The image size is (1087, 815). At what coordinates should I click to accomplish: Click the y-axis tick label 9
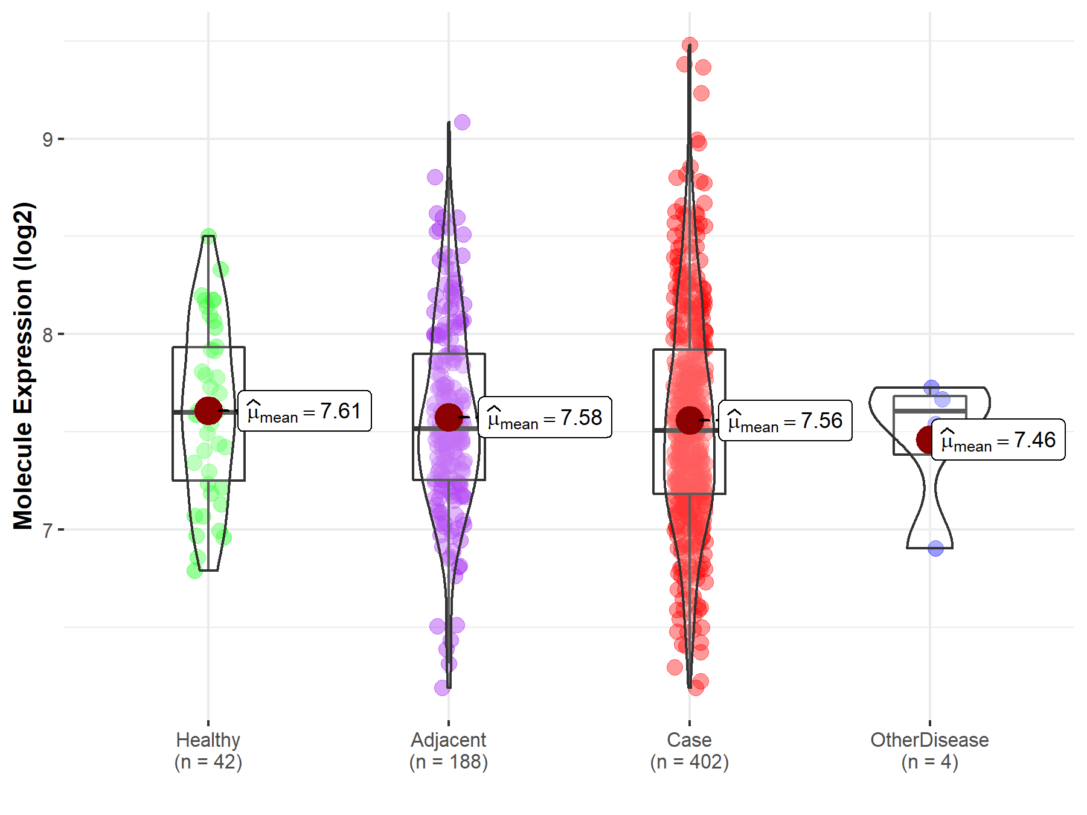pos(47,140)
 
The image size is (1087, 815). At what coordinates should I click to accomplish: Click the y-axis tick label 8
pos(47,335)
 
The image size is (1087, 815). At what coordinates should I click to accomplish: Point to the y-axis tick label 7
pos(47,531)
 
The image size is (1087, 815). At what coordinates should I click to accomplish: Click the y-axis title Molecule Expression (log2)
pos(24,366)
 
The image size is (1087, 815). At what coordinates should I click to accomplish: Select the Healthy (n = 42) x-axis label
pos(208,750)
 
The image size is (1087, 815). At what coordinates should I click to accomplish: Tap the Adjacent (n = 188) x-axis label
pos(449,750)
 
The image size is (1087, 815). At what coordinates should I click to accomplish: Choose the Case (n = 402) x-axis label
pos(690,750)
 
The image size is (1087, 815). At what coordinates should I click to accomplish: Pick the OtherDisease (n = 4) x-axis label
pos(929,750)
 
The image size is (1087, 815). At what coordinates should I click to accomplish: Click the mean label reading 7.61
pos(304,411)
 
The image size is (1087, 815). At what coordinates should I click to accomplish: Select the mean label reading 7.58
pos(545,417)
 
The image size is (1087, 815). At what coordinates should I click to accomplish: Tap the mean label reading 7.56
pos(785,421)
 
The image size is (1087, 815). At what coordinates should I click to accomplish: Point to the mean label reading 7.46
pos(998,440)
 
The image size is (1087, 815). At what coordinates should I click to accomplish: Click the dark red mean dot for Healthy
pos(208,411)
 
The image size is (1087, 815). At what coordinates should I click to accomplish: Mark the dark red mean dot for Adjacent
pos(449,417)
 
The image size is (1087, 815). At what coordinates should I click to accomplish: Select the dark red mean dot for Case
pos(689,420)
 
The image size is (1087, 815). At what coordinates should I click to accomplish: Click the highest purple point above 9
pos(462,123)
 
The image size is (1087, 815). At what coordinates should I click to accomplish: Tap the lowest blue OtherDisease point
pos(935,548)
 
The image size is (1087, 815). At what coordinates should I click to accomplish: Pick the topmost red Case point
pos(690,45)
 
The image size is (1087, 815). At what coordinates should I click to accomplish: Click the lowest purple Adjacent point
pos(442,688)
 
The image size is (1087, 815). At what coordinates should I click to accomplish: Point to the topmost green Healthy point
pos(208,236)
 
